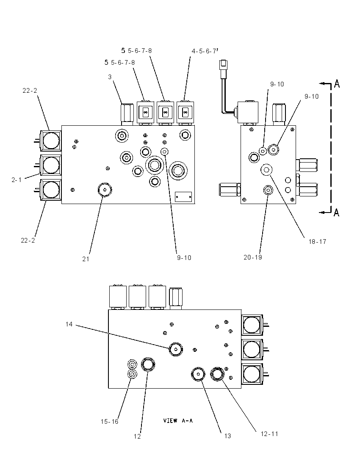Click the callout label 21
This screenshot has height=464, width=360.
point(86,259)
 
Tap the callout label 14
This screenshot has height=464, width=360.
point(69,324)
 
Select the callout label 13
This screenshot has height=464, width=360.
point(227,436)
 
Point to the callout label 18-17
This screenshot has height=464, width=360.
point(317,242)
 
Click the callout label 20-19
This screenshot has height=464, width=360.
point(252,257)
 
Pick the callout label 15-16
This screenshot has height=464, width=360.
point(109,421)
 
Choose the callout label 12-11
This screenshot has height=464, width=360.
point(269,434)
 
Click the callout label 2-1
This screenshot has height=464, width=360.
point(17,180)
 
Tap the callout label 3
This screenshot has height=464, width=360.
point(110,77)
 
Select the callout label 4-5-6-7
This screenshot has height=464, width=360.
point(204,51)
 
